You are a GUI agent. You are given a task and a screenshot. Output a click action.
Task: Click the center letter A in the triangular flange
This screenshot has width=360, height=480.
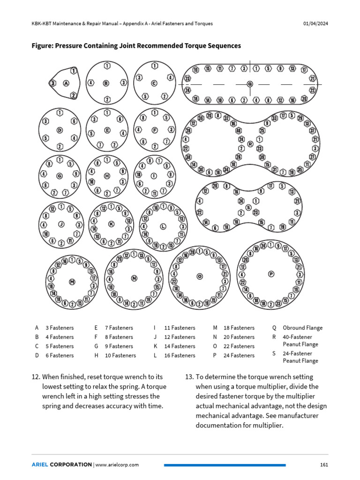pos(66,83)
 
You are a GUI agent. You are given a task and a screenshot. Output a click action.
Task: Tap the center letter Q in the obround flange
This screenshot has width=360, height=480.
pos(250,84)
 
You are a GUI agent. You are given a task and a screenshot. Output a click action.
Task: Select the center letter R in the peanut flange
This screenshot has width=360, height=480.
pos(250,144)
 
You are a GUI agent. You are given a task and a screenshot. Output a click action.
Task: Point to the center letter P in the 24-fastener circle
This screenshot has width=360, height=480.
pos(270,273)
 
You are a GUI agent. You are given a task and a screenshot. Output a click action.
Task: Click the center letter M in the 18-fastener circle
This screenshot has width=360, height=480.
pos(72,282)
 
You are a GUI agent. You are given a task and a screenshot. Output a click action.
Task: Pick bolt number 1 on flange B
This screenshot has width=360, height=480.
pos(107,66)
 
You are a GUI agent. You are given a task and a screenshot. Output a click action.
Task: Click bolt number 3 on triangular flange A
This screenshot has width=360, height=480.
pos(53,83)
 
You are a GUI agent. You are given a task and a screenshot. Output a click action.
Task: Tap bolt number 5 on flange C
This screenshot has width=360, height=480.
pos(146,97)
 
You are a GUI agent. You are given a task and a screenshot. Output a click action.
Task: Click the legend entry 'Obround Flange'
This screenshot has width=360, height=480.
pos(302,328)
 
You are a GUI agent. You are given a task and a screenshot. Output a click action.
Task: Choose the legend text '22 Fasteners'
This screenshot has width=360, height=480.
pos(239,346)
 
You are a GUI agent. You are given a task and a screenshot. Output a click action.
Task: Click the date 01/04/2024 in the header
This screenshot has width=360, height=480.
pos(315,23)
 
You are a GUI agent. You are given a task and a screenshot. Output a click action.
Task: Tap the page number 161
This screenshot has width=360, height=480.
pos(323,465)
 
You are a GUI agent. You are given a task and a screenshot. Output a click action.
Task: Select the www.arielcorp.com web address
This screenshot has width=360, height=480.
pos(117,465)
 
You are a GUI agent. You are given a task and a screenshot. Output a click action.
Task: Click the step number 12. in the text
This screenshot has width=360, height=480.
pos(36,377)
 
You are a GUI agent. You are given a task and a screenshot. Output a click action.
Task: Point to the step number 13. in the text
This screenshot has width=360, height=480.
pos(189,377)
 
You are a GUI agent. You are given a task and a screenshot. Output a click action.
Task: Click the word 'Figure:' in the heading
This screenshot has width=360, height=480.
pos(43,46)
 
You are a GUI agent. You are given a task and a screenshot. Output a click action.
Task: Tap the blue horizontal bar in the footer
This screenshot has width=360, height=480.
pos(225,465)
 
